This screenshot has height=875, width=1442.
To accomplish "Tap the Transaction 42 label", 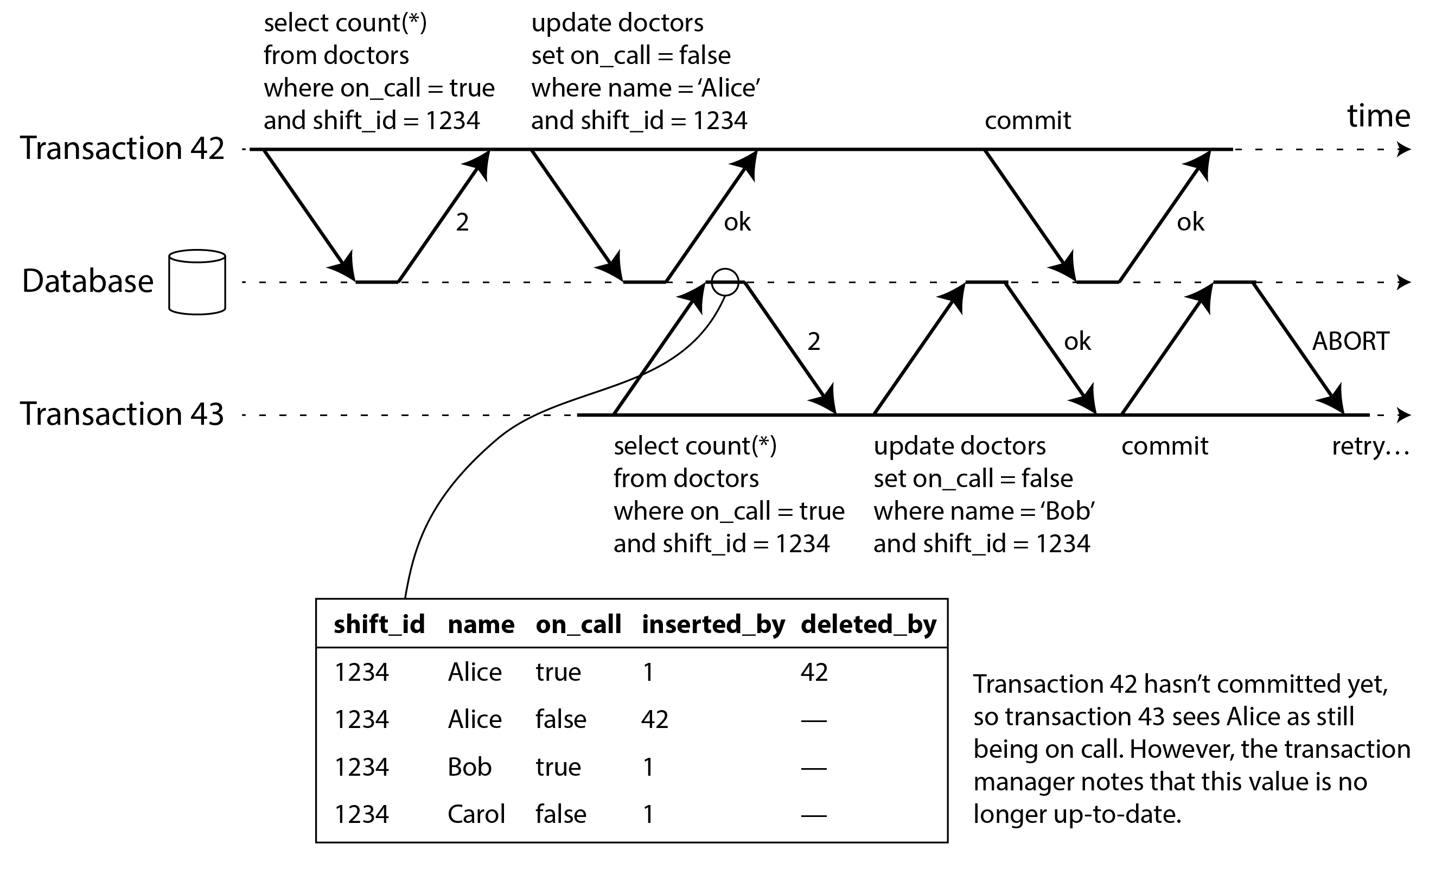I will point(122,148).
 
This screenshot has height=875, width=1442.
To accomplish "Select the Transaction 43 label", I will point(122,414).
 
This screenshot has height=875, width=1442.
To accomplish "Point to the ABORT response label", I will point(1350,341).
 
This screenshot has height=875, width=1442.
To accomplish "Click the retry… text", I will point(1370,446).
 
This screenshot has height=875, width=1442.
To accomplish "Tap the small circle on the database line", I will point(724,282).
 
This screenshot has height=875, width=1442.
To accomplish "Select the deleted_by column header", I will point(868,624).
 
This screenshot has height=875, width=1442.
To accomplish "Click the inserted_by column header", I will point(713,624).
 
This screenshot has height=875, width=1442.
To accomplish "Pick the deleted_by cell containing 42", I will point(814,672).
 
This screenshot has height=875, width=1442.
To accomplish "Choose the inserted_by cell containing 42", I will point(654,719).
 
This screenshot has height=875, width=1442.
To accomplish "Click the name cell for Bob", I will point(469,767).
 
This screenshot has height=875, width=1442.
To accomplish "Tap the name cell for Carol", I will point(476,814).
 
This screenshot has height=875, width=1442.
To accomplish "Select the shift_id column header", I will point(379,624).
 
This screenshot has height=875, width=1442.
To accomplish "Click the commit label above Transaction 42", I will point(1028,120).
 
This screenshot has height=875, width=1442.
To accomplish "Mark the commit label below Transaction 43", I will point(1165,446).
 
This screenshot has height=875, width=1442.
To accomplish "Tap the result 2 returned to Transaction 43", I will point(813,341).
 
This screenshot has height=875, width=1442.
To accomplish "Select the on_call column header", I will point(578,624).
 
